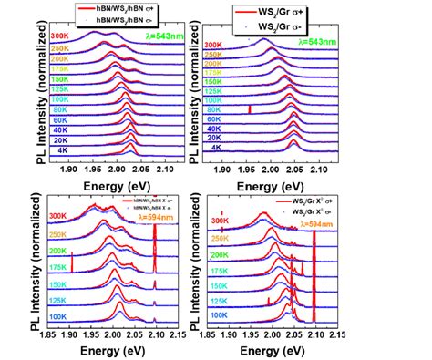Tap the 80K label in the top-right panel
point(215,112)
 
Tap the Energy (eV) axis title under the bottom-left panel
point(101,350)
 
